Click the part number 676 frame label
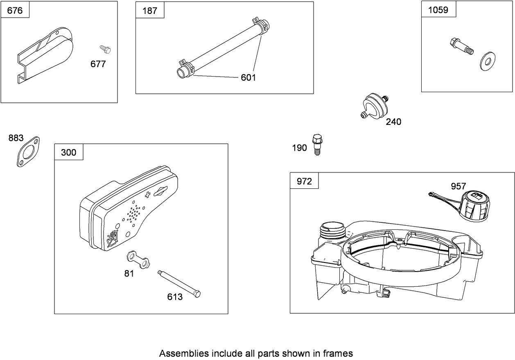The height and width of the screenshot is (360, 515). pos(15,10)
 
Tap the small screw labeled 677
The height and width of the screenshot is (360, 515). pos(106,50)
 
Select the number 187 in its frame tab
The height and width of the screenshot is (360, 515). pos(149,11)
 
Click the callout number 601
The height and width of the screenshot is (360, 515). pos(248,77)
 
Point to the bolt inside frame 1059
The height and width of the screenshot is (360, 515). pos(461,45)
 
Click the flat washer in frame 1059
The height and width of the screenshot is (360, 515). pos(486,60)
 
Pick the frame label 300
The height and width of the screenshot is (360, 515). pos(68,152)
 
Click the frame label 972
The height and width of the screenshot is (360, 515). pos(304,181)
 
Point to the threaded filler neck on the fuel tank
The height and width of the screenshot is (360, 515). pos(332,230)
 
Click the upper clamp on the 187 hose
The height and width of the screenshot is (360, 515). pos(260,24)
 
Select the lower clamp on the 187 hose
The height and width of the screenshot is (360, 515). pos(185,67)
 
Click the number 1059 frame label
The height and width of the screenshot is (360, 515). pos(438,10)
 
